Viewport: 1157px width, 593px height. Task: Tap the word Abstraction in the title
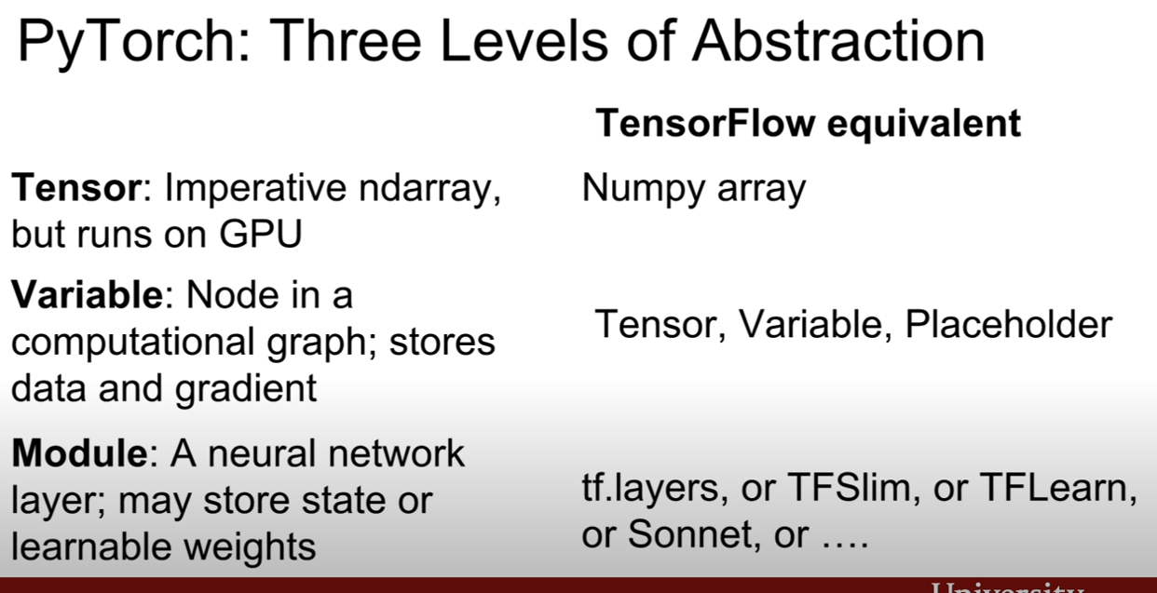[x=838, y=41]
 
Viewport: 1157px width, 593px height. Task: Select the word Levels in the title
[x=524, y=41]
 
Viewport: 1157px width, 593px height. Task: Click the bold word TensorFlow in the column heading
[x=705, y=124]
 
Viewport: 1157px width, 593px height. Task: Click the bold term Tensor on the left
[x=76, y=187]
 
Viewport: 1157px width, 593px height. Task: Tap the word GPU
[x=260, y=235]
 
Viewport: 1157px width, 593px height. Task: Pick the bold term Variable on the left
[x=88, y=295]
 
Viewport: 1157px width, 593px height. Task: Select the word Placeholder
[x=1009, y=324]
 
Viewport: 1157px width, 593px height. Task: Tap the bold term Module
[x=79, y=453]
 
